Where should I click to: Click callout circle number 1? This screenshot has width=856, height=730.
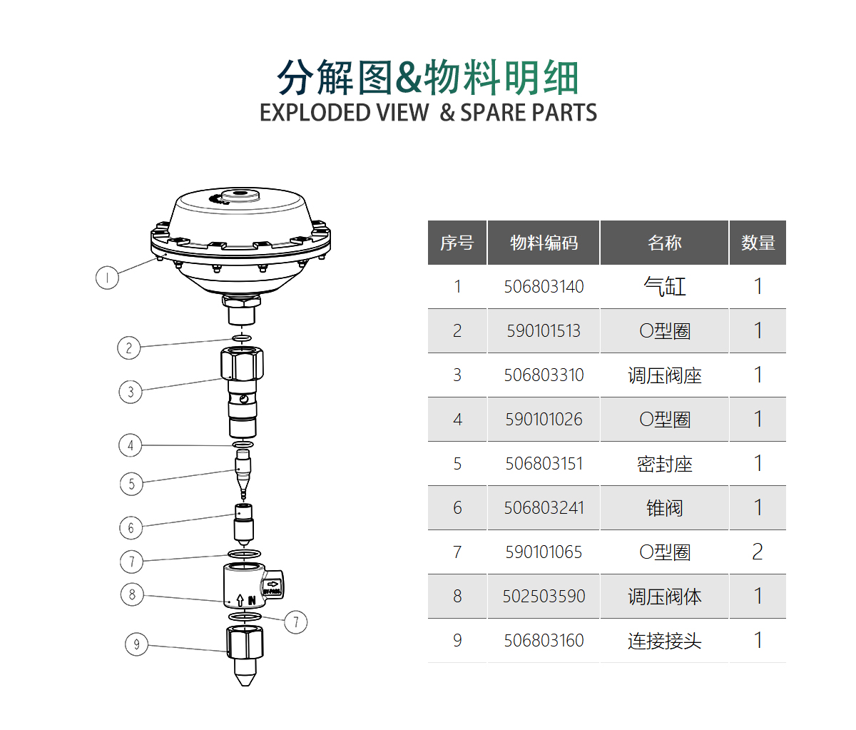(x=107, y=278)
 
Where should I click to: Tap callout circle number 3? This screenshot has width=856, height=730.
(x=131, y=392)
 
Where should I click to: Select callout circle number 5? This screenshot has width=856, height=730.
(x=131, y=484)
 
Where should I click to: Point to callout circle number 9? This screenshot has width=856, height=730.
(x=137, y=645)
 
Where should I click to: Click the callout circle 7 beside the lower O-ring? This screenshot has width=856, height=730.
(x=296, y=622)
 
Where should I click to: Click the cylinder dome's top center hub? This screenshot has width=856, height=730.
(x=240, y=194)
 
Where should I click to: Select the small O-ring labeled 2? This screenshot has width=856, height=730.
(x=243, y=338)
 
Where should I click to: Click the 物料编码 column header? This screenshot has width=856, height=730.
(x=544, y=243)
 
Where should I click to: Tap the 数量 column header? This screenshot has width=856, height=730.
(x=758, y=243)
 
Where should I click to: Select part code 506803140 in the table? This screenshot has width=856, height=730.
(x=544, y=287)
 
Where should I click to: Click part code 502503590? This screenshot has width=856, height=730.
(x=544, y=597)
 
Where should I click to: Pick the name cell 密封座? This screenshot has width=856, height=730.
(x=664, y=464)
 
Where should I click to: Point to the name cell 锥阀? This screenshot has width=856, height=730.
(x=664, y=508)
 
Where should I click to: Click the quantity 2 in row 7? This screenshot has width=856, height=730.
(x=758, y=552)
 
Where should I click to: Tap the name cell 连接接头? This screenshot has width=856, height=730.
(x=664, y=641)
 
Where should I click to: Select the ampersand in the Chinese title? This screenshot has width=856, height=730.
(x=407, y=78)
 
